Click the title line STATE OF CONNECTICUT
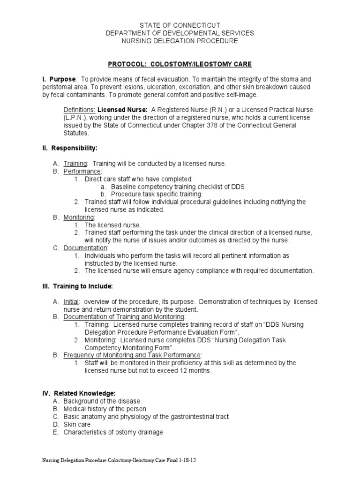[x=180, y=25]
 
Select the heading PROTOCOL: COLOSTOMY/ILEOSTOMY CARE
[x=180, y=63]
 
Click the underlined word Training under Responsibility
[x=75, y=164]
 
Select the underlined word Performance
[x=82, y=172]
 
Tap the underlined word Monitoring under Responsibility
[x=79, y=217]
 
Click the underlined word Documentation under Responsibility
[x=85, y=247]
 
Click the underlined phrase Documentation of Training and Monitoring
[x=124, y=317]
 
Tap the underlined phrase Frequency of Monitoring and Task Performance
[x=133, y=355]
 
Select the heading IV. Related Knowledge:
[x=77, y=393]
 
